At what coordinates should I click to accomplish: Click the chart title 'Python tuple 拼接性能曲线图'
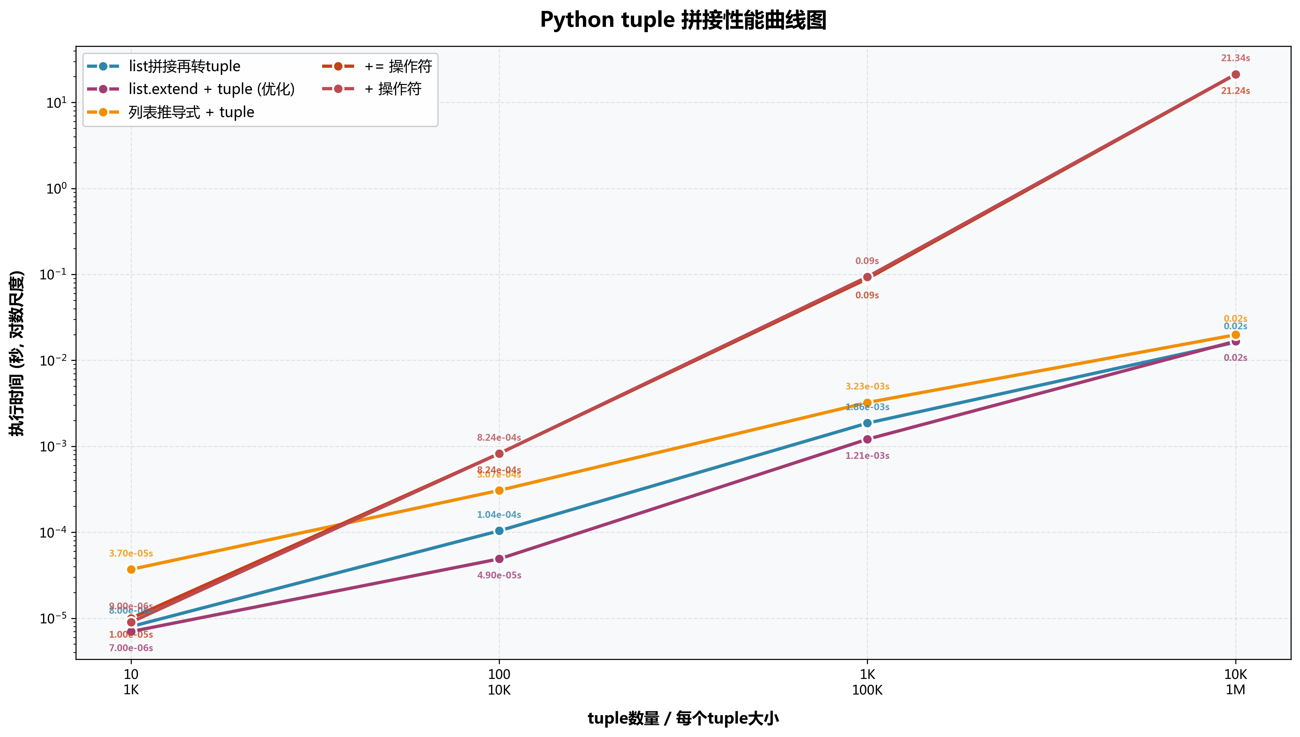(x=683, y=20)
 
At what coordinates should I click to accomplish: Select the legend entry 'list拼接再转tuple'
(x=184, y=66)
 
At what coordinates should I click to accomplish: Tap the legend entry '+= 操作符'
(x=398, y=66)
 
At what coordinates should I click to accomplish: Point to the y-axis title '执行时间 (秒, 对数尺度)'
(x=17, y=353)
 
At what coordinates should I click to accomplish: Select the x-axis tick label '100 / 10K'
(x=499, y=682)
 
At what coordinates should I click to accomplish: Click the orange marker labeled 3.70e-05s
(x=131, y=569)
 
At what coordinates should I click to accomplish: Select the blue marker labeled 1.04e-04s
(x=499, y=530)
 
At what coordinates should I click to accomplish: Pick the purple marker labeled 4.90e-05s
(x=499, y=559)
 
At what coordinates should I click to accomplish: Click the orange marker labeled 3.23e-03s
(x=867, y=403)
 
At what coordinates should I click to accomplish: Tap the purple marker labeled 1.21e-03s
(x=867, y=439)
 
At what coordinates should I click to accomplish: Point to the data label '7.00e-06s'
(x=131, y=648)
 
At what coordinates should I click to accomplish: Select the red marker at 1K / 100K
(x=867, y=277)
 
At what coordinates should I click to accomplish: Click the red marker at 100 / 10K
(x=499, y=454)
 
